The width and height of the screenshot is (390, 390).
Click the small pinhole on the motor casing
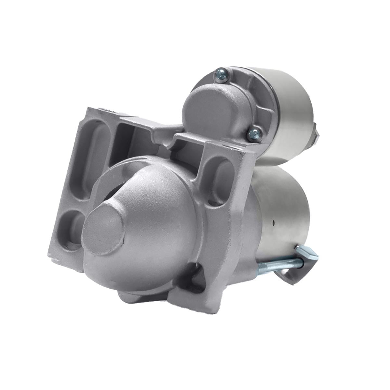click(274, 223)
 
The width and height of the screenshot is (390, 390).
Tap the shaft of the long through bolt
click(276, 262)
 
